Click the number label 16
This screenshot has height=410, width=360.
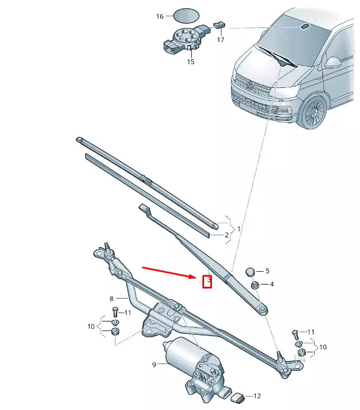click(160, 16)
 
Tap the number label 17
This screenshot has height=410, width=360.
click(220, 40)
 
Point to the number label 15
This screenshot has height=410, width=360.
click(191, 62)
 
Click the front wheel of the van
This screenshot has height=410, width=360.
click(312, 111)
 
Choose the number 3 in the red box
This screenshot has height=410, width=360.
click(207, 280)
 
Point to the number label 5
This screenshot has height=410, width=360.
click(267, 271)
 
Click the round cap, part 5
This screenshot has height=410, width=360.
click(251, 272)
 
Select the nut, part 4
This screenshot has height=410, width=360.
click(254, 285)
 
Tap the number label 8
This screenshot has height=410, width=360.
click(112, 299)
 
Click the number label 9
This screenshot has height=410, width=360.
click(154, 365)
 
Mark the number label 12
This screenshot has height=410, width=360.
click(257, 396)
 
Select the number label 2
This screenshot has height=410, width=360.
click(227, 235)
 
